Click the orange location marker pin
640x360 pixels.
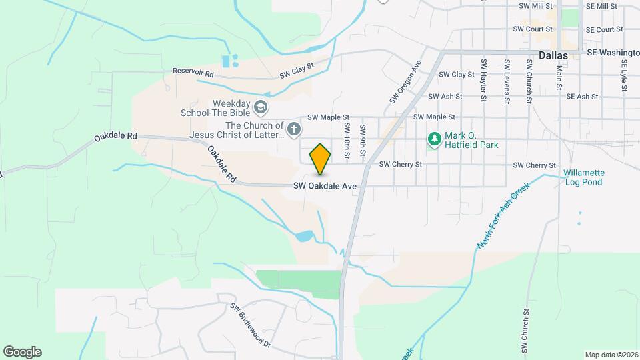[321, 159]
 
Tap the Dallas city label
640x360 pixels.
[553, 55]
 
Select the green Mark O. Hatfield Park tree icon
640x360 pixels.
[435, 139]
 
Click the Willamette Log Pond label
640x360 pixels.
[583, 177]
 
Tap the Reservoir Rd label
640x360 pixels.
[193, 71]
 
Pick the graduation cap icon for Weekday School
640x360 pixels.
[260, 107]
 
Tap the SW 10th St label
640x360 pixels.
[347, 137]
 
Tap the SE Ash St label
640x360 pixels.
[582, 97]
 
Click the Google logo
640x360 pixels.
[22, 352]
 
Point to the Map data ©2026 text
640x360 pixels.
[611, 355]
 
